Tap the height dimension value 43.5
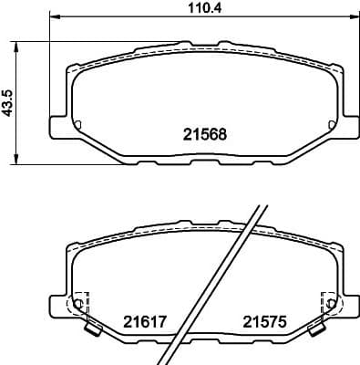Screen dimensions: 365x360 click(x=8, y=101)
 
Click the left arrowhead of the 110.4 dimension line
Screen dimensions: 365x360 click(x=51, y=17)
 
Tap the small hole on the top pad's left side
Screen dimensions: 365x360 click(x=77, y=124)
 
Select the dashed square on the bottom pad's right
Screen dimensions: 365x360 click(x=328, y=302)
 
